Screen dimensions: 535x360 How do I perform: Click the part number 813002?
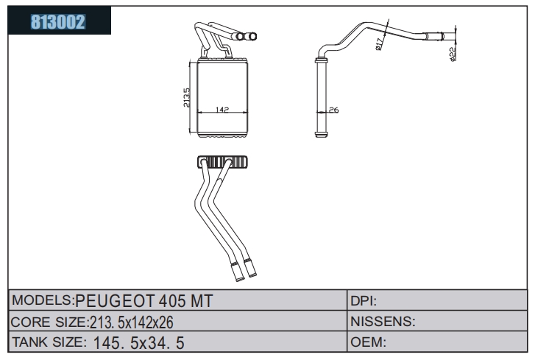[x=57, y=22]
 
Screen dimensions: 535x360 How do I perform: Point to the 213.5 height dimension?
[x=187, y=98]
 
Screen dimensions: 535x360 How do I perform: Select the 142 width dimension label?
[x=222, y=110]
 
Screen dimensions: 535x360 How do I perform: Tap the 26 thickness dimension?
[x=333, y=110]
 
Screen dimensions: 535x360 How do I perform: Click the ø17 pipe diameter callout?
[x=379, y=44]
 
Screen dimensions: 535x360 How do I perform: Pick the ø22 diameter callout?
[x=453, y=54]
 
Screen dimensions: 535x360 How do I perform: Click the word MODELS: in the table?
[x=43, y=300]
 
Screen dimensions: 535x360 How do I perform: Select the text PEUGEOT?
[x=115, y=301]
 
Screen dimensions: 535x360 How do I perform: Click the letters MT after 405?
[x=202, y=301]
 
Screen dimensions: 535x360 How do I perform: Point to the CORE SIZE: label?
[x=49, y=322]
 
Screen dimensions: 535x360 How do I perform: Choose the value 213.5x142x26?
[x=132, y=322]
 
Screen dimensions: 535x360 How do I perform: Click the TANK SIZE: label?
[x=49, y=342]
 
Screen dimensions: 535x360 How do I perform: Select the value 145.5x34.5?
[x=138, y=343]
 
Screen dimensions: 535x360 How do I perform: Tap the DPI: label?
[x=364, y=301]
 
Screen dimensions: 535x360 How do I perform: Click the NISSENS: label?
[x=383, y=322]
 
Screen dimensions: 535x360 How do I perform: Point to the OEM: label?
[x=368, y=342]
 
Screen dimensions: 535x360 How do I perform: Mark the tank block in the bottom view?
[x=222, y=161]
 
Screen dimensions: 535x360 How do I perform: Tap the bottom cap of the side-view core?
[x=321, y=134]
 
